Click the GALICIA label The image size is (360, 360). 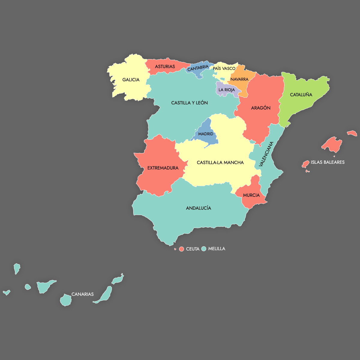[131, 80]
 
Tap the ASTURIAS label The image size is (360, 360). [165, 67]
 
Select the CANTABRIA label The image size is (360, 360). [198, 68]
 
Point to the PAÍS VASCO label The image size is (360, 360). [224, 69]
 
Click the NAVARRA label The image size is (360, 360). [239, 79]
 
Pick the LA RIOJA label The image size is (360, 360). [226, 90]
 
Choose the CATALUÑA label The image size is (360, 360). [301, 95]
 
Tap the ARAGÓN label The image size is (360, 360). [261, 108]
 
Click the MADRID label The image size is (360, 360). [205, 134]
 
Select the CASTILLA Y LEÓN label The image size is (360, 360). [189, 103]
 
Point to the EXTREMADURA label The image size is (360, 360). [163, 168]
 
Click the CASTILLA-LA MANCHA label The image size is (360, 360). [220, 163]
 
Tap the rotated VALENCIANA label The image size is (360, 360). [266, 154]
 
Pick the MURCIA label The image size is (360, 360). [251, 195]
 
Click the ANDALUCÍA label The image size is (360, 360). [198, 208]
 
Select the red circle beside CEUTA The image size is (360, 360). [181, 249]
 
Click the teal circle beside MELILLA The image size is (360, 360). [204, 249]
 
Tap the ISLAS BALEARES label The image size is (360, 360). [327, 162]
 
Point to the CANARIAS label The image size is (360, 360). [82, 294]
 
